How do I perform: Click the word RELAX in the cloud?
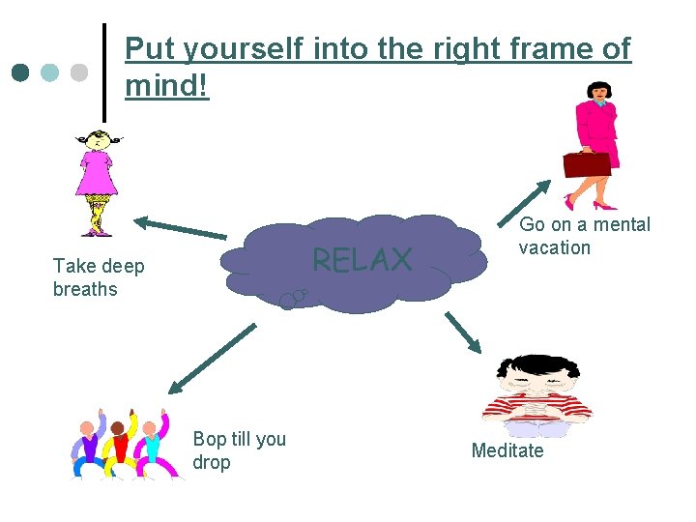[x=362, y=259]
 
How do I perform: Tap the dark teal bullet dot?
[x=20, y=72]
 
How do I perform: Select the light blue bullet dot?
[x=50, y=72]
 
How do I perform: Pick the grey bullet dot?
[x=79, y=72]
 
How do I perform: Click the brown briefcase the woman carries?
[x=587, y=164]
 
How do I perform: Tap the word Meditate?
[x=507, y=450]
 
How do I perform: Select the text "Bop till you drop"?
[x=239, y=450]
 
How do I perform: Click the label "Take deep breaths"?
[x=98, y=277]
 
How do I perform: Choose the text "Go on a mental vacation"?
[x=584, y=236]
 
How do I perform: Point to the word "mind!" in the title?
[x=166, y=86]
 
